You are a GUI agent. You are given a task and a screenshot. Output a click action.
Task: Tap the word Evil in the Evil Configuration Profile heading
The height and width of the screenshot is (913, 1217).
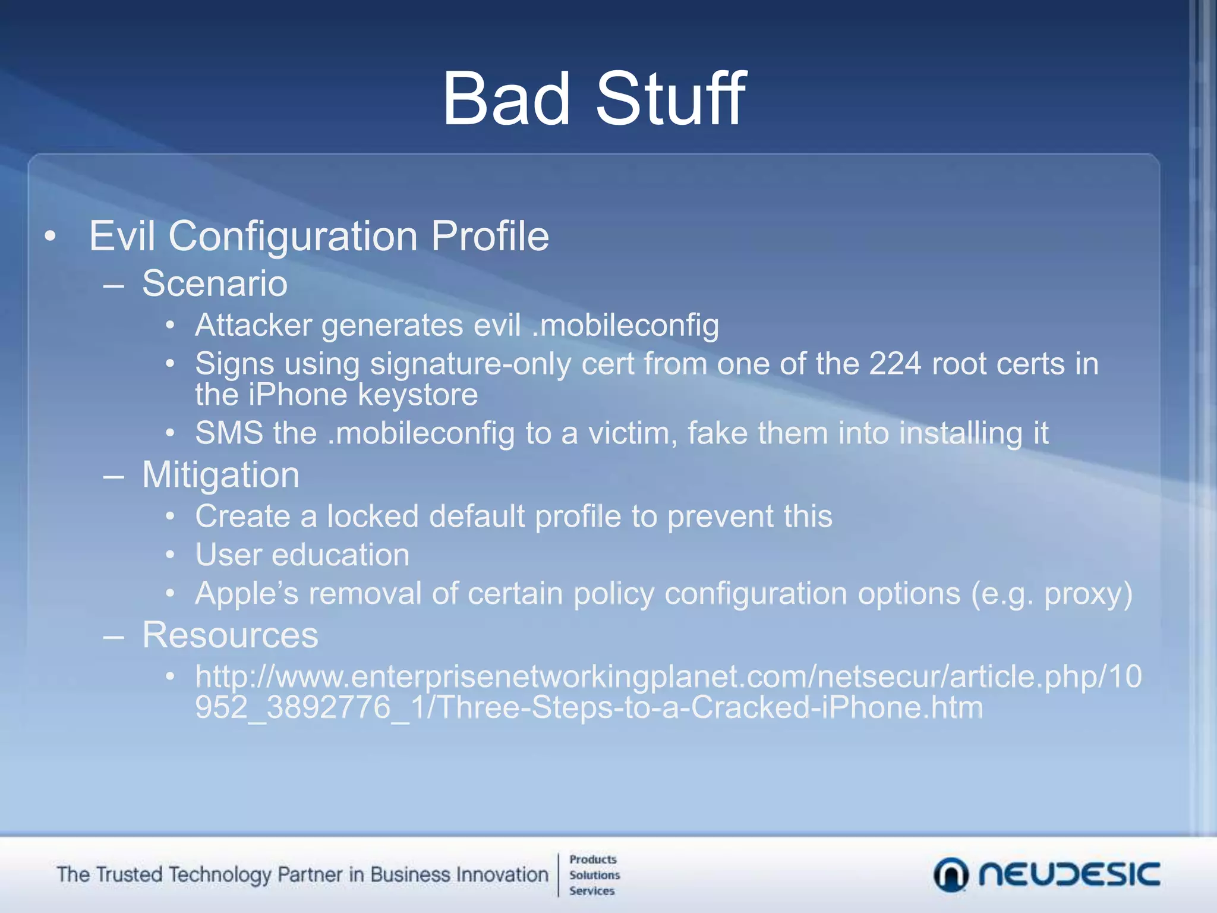pos(122,236)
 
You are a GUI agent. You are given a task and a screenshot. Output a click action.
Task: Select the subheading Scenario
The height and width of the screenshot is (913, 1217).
pos(215,284)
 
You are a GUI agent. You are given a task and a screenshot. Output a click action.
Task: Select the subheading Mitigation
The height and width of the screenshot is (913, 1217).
pos(220,475)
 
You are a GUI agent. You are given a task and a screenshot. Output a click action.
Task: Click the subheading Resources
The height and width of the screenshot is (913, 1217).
pos(230,635)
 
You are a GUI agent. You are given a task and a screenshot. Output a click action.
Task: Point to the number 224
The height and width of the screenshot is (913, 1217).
pos(895,364)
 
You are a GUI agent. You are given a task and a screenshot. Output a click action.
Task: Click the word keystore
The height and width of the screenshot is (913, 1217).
pos(418,395)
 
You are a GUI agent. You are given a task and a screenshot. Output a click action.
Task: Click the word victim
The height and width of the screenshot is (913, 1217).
pos(632,433)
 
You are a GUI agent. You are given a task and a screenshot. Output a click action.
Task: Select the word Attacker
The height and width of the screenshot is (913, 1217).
pos(253,326)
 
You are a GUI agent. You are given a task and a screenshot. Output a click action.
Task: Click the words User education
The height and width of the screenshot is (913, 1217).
pos(302,555)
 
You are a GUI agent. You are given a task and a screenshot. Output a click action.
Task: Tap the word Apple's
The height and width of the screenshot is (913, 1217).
pos(247,594)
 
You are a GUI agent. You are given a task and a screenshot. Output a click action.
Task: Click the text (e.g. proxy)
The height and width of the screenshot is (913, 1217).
pos(1051,594)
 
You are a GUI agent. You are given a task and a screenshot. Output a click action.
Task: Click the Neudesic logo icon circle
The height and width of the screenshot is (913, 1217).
pos(950,874)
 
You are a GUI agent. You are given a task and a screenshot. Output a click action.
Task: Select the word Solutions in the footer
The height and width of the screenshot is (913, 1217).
pos(594,875)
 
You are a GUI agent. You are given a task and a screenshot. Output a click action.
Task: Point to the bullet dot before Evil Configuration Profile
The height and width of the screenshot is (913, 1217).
pos(51,237)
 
